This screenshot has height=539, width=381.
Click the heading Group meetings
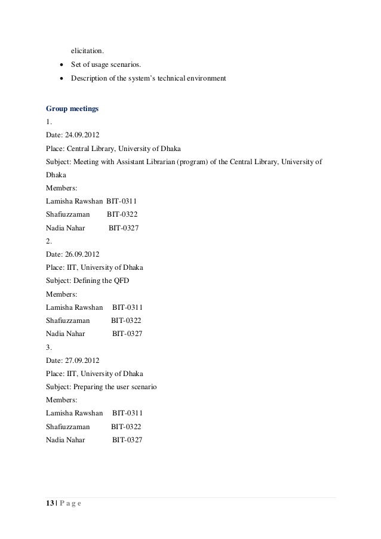[72, 109]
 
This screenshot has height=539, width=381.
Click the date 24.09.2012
[82, 135]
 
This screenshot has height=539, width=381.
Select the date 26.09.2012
[82, 254]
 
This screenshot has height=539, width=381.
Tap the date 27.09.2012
[82, 360]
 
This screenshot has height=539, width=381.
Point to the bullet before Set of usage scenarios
[60, 64]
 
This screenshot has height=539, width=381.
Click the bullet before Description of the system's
[60, 78]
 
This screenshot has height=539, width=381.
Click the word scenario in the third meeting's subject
[140, 386]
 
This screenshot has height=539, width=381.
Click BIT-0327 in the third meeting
[127, 439]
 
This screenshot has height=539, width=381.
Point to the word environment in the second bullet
[203, 78]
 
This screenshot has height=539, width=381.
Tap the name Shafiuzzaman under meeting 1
[67, 214]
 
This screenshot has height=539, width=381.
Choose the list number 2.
[48, 241]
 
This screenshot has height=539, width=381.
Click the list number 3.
[48, 347]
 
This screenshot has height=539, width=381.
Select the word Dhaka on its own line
[56, 175]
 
